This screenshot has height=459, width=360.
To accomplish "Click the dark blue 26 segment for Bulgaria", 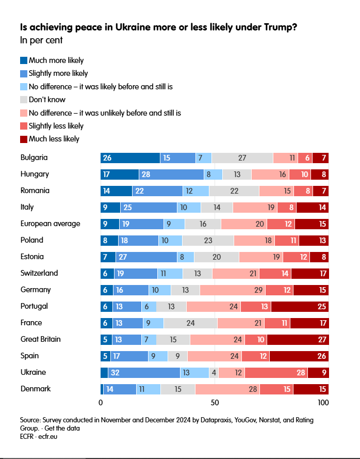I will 130,158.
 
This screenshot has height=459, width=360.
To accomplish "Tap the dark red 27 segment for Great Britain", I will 298,339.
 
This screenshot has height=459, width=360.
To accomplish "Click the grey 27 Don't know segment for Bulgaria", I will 242,158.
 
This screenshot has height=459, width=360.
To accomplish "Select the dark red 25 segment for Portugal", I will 300,306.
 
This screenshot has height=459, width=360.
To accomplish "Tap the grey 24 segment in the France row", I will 190,323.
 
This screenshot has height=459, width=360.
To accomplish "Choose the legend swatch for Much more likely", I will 24,60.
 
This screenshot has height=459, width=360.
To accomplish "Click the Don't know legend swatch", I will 24,100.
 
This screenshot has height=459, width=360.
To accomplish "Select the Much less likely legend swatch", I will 24,139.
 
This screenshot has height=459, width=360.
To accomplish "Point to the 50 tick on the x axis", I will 215,402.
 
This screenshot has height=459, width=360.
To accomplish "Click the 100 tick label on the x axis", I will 323,402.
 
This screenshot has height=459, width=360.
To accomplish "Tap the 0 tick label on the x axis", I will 101,402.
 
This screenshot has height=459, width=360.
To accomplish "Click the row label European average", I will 50,224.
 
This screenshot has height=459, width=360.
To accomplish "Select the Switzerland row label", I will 39,273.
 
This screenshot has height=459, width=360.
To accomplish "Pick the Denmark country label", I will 36,388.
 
